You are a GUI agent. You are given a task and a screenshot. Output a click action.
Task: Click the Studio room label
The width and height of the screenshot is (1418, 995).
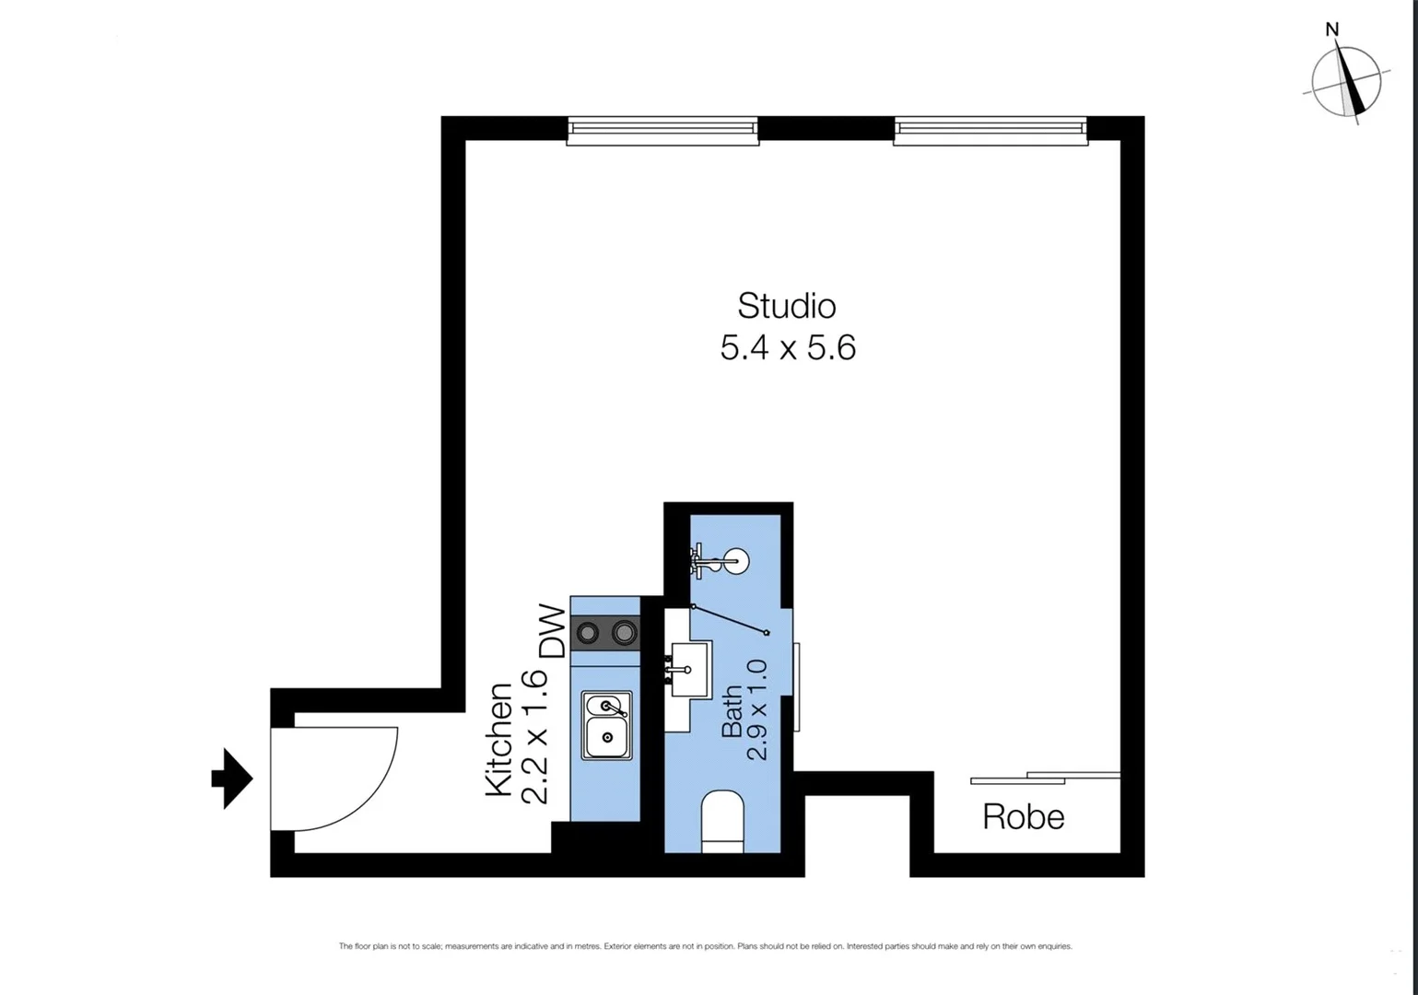point(786,306)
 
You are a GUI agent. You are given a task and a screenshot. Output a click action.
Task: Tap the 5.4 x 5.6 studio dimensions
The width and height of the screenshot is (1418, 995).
point(788,348)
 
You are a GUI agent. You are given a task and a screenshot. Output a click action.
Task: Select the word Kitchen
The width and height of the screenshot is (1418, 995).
point(498,739)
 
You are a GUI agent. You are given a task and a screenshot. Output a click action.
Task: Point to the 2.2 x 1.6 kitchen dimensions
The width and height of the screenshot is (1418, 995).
point(534,736)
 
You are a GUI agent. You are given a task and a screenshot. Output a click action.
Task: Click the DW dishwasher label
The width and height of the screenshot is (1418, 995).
point(552,631)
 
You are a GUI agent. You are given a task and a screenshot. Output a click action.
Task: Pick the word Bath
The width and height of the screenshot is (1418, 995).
point(732,710)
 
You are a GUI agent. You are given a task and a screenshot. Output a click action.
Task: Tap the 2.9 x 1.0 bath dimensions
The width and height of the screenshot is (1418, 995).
point(756,709)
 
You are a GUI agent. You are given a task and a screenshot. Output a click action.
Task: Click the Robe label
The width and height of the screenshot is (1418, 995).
point(1023,817)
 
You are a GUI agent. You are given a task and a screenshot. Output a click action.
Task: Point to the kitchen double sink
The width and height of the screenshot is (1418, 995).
point(606,725)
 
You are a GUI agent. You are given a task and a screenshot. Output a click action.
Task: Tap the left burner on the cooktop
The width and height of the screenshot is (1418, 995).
point(587,633)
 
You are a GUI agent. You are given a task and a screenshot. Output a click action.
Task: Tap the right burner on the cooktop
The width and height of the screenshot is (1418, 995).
point(625,633)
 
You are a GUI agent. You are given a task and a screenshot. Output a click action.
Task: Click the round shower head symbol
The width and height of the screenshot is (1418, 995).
point(735,560)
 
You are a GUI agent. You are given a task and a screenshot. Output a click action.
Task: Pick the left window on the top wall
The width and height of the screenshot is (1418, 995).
point(662,131)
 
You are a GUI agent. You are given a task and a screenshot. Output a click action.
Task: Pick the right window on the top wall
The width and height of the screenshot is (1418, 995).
point(990,131)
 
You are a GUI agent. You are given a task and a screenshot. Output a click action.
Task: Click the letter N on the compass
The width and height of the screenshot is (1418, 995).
point(1331,29)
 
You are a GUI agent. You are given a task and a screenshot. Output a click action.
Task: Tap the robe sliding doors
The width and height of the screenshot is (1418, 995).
point(1046,778)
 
